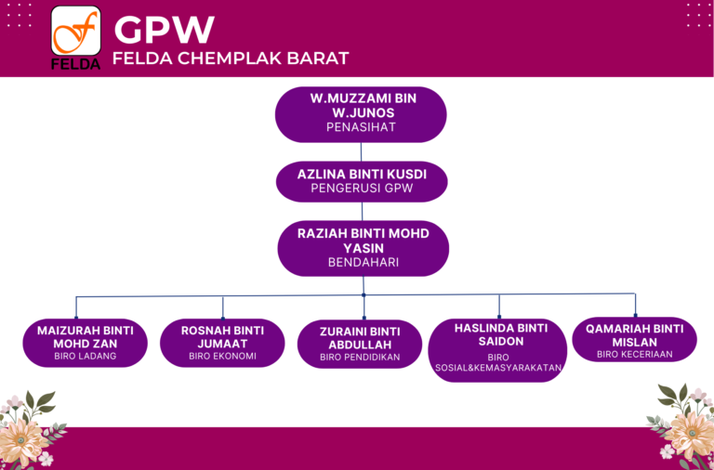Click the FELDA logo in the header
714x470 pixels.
[x=75, y=38]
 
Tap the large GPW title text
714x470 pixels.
[x=164, y=30]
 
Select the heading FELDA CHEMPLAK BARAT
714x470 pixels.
[x=231, y=59]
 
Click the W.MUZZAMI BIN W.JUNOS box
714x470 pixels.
[x=361, y=114]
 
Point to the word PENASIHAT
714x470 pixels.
[x=361, y=127]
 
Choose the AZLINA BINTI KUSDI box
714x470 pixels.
[x=362, y=181]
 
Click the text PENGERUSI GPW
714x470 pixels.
[x=362, y=188]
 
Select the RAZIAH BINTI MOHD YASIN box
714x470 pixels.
[x=363, y=248]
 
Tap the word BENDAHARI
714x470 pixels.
[x=364, y=263]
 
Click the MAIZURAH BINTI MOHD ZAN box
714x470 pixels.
[x=86, y=343]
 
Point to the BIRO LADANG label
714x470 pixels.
[x=86, y=357]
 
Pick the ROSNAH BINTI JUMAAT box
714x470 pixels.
[x=222, y=343]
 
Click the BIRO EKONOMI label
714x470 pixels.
[x=223, y=357]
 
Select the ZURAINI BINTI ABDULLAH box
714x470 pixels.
[x=360, y=344]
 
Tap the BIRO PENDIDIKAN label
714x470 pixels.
[x=360, y=358]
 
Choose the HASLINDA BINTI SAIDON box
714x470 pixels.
[x=497, y=350]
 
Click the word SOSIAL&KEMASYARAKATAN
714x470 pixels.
[x=498, y=368]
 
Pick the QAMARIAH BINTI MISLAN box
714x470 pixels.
[x=634, y=339]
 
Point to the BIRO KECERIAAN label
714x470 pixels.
[x=635, y=355]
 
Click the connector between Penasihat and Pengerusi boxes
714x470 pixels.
[x=361, y=152]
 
